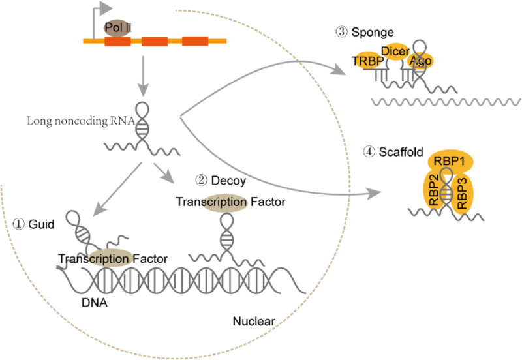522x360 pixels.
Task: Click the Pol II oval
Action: [117, 28]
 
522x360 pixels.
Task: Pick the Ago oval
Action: [420, 60]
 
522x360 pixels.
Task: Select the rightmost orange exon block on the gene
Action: [194, 42]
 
